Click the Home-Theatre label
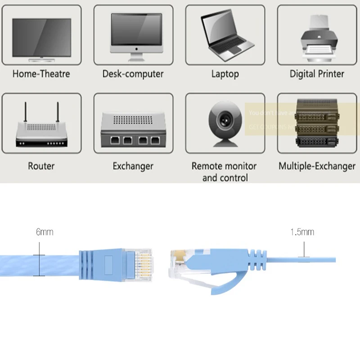[41, 74]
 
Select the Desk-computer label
[133, 74]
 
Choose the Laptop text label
[225, 74]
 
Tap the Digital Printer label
[317, 74]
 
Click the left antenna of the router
[25, 116]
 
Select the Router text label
[41, 166]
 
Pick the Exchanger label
[133, 166]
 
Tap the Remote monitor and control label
[224, 171]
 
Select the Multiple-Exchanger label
[317, 166]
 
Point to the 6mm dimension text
[45, 232]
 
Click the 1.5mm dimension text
[302, 232]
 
